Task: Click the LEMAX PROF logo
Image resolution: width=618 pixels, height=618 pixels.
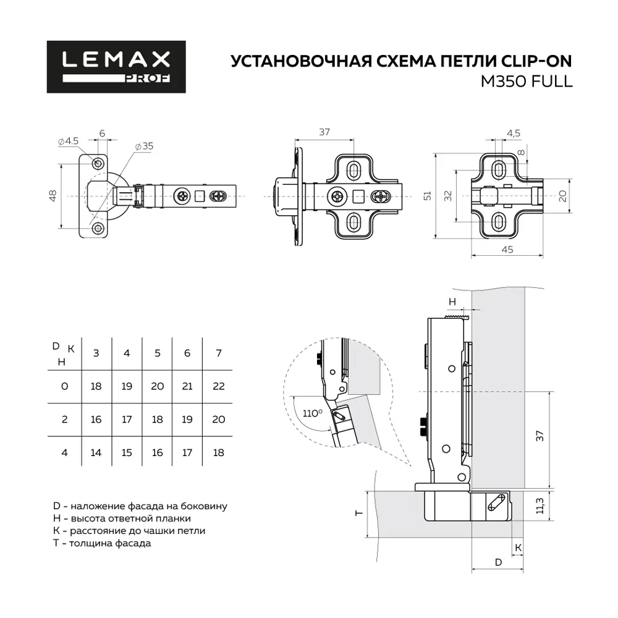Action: pyautogui.click(x=116, y=67)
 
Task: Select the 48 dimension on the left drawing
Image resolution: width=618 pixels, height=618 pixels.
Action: pyautogui.click(x=53, y=196)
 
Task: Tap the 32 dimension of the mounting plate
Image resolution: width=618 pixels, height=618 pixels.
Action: pyautogui.click(x=448, y=196)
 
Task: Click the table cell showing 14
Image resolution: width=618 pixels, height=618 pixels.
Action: pyautogui.click(x=96, y=452)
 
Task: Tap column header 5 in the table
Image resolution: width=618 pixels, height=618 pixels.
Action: pyautogui.click(x=158, y=353)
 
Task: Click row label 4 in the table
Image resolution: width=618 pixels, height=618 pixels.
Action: pyautogui.click(x=64, y=452)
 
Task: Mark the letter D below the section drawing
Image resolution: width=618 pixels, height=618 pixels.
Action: pyautogui.click(x=498, y=562)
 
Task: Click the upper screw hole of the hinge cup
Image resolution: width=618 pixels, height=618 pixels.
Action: pyautogui.click(x=98, y=163)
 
